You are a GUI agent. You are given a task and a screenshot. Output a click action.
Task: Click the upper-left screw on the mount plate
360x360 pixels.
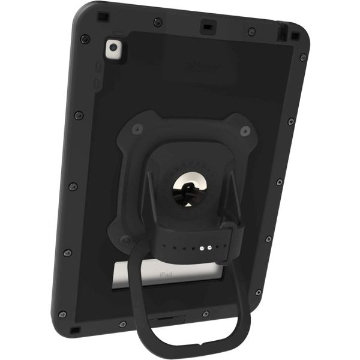point(137,129)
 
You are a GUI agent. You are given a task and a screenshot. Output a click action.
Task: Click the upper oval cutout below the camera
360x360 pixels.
point(97,67)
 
